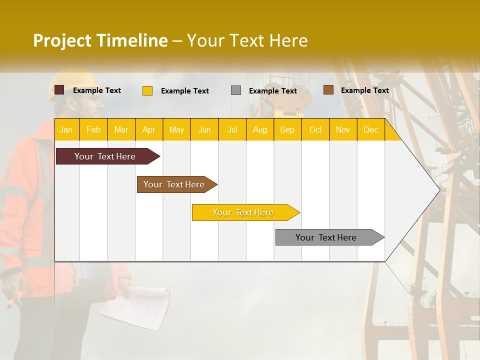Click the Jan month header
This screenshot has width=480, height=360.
pyautogui.click(x=66, y=129)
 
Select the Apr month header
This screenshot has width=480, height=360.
pyautogui.click(x=149, y=129)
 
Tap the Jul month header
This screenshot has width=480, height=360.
pyautogui.click(x=232, y=129)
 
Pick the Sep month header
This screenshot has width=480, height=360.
pyautogui.click(x=287, y=129)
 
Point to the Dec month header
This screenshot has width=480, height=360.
pyautogui.click(x=370, y=129)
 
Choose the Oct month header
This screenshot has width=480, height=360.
pyautogui.click(x=315, y=129)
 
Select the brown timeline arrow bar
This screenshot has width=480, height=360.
pyautogui.click(x=175, y=184)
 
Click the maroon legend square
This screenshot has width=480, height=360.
pyautogui.click(x=59, y=90)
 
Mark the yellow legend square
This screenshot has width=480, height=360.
pyautogui.click(x=147, y=90)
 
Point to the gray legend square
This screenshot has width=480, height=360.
pyautogui.click(x=236, y=90)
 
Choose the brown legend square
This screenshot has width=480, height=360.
pyautogui.click(x=328, y=90)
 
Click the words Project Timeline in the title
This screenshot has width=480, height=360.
pyautogui.click(x=100, y=40)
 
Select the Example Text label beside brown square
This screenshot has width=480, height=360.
pyautogui.click(x=364, y=90)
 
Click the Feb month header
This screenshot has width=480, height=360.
pyautogui.click(x=93, y=129)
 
